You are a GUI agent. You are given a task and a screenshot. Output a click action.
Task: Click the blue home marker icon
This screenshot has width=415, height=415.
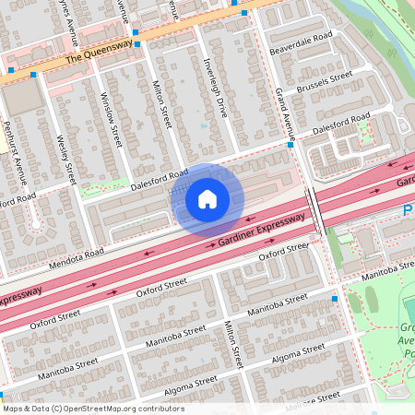pyautogui.click(x=207, y=198)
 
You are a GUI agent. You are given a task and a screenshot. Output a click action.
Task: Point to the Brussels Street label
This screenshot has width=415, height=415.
pyautogui.click(x=324, y=82)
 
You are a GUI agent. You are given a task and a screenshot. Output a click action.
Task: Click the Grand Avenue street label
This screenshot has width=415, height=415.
pyautogui.click(x=283, y=109)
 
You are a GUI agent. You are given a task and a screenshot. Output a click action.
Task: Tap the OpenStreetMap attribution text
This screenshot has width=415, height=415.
pyautogui.click(x=92, y=409)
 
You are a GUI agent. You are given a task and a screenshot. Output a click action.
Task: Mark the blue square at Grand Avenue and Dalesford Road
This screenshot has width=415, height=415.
pyautogui.click(x=290, y=145)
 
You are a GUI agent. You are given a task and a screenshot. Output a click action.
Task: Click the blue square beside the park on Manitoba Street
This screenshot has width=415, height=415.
pyautogui.click(x=335, y=299)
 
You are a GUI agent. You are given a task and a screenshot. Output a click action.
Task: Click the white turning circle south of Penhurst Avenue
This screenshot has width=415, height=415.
pyautogui.click(x=37, y=224)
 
